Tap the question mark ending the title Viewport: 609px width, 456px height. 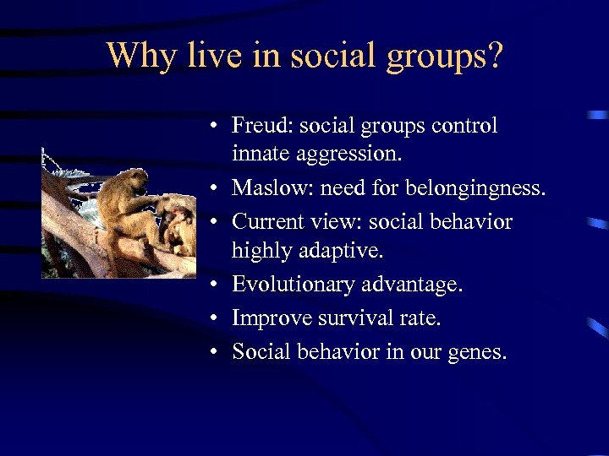tap(494, 56)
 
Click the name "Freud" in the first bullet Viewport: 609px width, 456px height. tap(258, 126)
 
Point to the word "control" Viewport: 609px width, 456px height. tap(464, 126)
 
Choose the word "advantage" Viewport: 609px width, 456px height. tap(412, 285)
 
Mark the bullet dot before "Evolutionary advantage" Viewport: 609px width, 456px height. tap(217, 285)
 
